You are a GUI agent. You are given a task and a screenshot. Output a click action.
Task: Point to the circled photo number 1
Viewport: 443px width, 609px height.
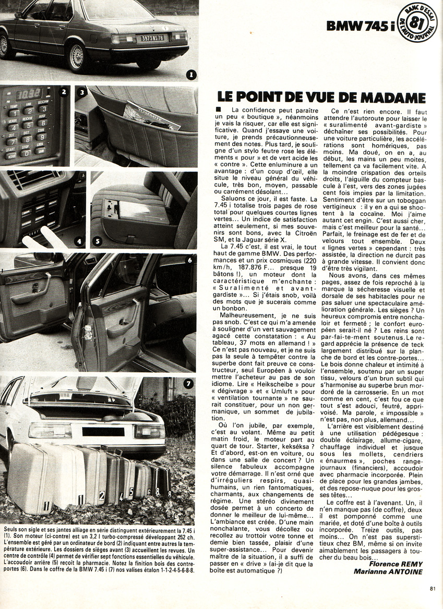pyautogui.click(x=190, y=75)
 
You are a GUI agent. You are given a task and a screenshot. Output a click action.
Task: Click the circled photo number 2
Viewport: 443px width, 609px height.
pyautogui.click(x=64, y=93)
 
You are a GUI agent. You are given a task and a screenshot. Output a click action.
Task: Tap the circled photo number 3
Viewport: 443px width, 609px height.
pyautogui.click(x=82, y=94)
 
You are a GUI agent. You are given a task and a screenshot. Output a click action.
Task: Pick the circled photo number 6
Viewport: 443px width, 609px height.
pyautogui.click(x=189, y=260)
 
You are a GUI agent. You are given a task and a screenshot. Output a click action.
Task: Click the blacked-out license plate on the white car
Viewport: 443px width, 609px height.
pyautogui.click(x=102, y=432)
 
